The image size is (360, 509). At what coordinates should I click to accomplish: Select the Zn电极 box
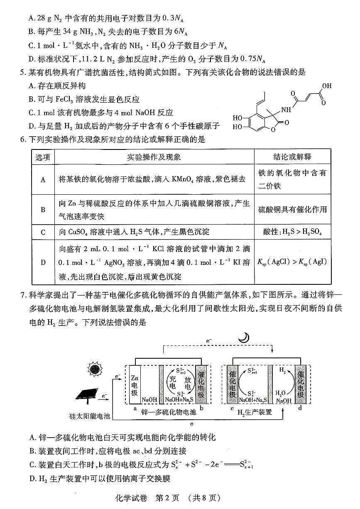tap(134, 384)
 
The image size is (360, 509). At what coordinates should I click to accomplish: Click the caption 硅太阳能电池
tap(90, 415)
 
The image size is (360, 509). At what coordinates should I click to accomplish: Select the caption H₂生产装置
tap(255, 412)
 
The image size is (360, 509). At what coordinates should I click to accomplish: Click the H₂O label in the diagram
tap(281, 393)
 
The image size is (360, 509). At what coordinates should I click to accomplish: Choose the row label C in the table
tap(43, 232)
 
